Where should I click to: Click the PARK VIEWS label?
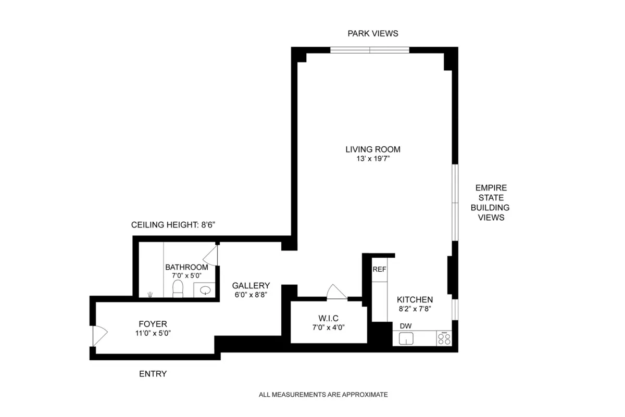click(372, 33)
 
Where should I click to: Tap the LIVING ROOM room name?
click(373, 149)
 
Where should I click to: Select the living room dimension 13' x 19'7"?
click(373, 159)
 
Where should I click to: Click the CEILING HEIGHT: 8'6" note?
click(172, 225)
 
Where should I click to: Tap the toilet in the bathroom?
click(178, 288)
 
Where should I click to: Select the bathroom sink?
click(205, 290)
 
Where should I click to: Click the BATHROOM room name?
click(186, 267)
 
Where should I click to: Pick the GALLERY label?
click(251, 285)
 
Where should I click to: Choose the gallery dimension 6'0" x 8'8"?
click(251, 295)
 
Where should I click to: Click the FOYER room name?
click(153, 324)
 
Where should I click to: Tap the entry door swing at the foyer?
click(99, 335)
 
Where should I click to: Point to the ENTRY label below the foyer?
click(153, 374)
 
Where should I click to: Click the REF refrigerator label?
click(379, 269)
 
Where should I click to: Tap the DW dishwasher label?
click(406, 326)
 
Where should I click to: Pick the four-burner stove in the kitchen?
click(444, 339)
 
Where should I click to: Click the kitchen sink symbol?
click(406, 339)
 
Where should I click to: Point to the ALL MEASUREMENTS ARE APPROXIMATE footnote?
click(323, 395)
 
